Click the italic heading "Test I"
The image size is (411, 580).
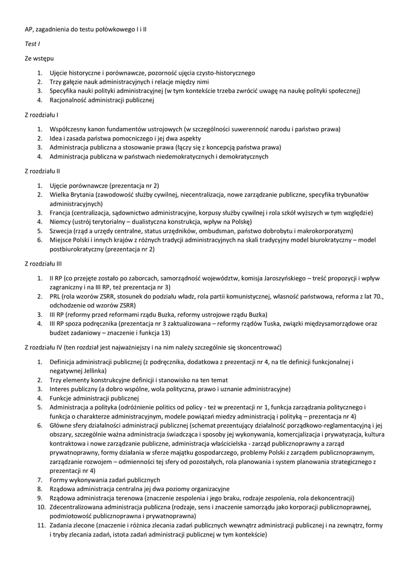point(32,44)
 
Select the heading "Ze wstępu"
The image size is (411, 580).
point(40,58)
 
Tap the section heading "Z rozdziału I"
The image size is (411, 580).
point(42,115)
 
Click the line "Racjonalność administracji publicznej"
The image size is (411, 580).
point(102,100)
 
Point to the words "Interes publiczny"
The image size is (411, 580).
point(73,389)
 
